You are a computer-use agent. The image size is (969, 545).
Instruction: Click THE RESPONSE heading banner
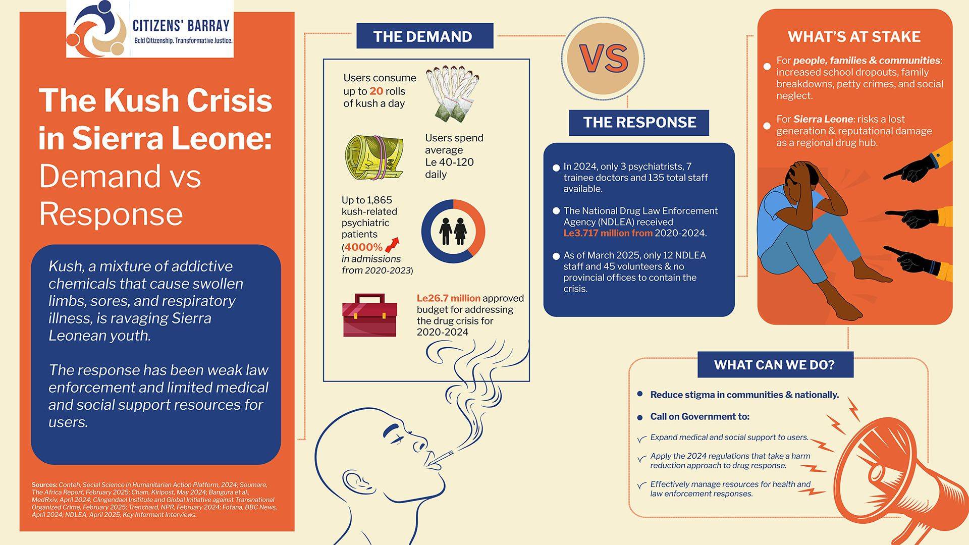639,123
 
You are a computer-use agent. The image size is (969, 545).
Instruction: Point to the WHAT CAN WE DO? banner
775,365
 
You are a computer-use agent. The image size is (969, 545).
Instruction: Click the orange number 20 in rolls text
376,91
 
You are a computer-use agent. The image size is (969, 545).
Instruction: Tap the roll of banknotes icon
374,156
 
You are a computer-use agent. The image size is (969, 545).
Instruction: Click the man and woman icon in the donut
453,231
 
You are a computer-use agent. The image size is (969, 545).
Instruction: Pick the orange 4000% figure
363,247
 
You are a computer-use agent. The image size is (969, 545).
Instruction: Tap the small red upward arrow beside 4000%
392,245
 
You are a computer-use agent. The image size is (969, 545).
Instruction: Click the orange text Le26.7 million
448,298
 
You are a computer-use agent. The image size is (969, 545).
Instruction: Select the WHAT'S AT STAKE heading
854,37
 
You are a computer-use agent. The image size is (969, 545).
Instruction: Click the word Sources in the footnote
44,485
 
